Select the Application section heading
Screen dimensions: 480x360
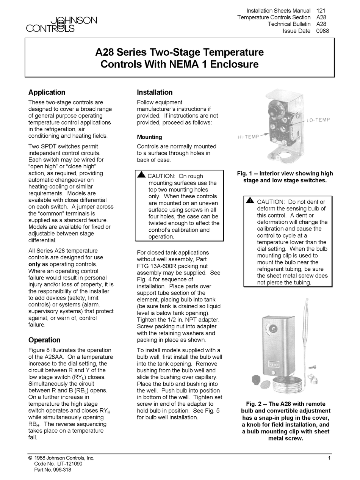(x=47, y=92)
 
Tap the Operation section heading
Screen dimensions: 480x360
(x=44, y=340)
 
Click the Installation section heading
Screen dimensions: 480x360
(x=155, y=92)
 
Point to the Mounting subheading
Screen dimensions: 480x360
(x=149, y=137)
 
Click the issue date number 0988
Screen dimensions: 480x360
(x=322, y=31)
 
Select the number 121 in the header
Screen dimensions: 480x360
(x=321, y=11)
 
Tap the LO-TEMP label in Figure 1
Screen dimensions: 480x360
(x=319, y=120)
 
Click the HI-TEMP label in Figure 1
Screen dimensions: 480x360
(x=248, y=137)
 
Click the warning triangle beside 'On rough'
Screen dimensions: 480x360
(x=141, y=175)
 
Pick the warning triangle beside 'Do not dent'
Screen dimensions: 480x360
(x=250, y=201)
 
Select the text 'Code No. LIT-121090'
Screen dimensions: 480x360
(x=58, y=464)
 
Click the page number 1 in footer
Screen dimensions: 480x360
(x=330, y=458)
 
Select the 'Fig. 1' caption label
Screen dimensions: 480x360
(x=245, y=173)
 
